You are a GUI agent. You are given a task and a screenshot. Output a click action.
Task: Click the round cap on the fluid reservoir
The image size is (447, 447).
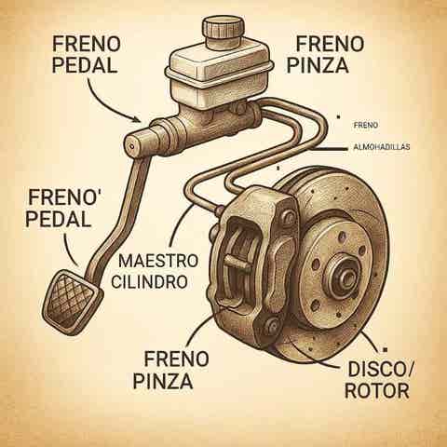click(x=223, y=32)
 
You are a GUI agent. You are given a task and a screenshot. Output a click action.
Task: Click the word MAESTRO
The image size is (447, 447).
click(x=158, y=261)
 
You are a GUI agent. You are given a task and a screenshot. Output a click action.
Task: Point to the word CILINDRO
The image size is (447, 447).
click(x=149, y=282)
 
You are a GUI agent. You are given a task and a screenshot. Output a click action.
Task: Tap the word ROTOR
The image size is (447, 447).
click(x=377, y=391)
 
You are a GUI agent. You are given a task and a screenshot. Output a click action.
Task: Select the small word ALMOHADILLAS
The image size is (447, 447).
click(x=382, y=147)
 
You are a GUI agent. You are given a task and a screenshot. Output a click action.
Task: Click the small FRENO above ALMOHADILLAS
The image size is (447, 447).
click(x=366, y=126)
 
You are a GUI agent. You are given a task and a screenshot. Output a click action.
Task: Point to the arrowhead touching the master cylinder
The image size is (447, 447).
click(x=137, y=119)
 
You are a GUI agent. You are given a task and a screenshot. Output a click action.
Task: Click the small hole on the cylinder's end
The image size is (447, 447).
click(x=132, y=146)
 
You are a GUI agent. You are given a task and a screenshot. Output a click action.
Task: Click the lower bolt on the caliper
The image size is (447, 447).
click(x=272, y=325)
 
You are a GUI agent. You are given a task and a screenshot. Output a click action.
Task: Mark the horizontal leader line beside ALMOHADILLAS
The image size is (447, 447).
click(x=329, y=149)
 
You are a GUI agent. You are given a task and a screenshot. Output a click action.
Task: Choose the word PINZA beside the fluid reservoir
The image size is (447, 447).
click(x=318, y=65)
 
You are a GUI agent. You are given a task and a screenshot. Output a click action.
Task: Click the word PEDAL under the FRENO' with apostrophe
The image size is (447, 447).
click(x=59, y=219)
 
